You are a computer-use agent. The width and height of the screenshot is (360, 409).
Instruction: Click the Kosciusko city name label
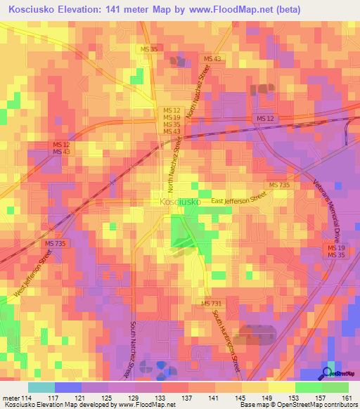pyautogui.click(x=180, y=202)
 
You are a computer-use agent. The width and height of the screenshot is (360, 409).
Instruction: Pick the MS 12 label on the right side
pyautogui.click(x=266, y=119)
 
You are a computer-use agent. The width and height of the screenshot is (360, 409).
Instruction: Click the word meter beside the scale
pyautogui.click(x=11, y=398)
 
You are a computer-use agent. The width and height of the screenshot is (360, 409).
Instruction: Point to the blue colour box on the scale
pyautogui.click(x=68, y=387)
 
